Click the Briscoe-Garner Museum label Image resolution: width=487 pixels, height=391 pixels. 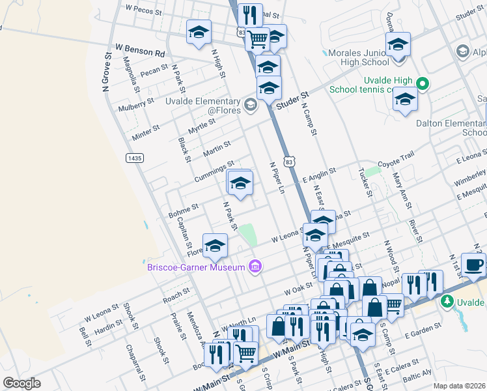[x=195, y=267]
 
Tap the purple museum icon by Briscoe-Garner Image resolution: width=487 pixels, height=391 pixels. [x=255, y=267]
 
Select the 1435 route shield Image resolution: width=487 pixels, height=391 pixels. [x=134, y=158]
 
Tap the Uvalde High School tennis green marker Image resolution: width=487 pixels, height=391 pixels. [x=422, y=83]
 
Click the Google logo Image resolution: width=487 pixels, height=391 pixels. [x=22, y=383]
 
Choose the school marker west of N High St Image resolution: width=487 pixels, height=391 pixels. [x=199, y=32]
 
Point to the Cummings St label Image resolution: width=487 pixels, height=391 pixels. [x=214, y=173]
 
